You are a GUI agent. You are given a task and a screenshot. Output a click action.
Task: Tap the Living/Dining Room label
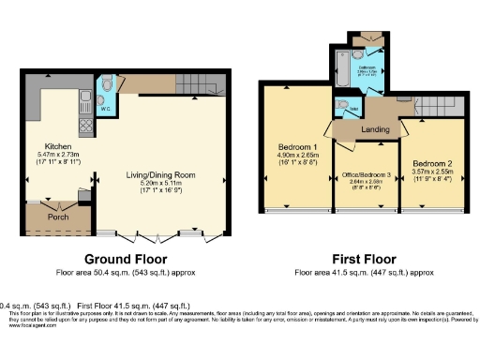tap(167, 173)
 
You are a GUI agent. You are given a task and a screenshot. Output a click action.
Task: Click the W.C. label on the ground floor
tap(107, 107)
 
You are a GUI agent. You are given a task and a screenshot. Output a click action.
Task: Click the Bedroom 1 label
tap(297, 147)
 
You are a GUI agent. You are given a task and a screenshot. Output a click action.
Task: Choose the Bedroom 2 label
tap(432, 162)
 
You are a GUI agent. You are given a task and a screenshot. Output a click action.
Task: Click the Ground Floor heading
tap(126, 259)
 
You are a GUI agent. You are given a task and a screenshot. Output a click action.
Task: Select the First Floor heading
tap(363, 259)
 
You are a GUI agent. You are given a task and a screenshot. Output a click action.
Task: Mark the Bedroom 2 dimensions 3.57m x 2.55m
tap(432, 173)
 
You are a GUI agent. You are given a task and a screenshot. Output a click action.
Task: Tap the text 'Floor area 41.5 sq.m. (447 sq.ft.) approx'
tap(363, 273)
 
